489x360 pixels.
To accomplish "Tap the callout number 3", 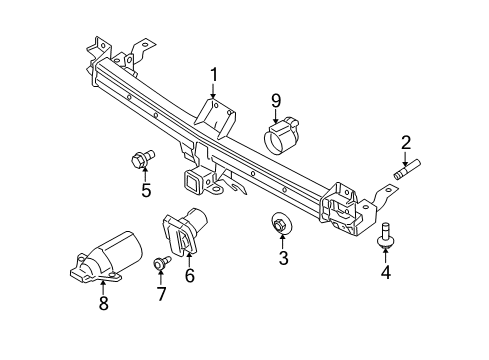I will pyautogui.click(x=283, y=259).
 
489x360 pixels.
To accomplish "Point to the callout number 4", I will pyautogui.click(x=384, y=270).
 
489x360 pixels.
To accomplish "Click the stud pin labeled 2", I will pyautogui.click(x=406, y=170).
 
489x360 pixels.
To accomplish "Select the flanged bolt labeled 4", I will pyautogui.click(x=384, y=235).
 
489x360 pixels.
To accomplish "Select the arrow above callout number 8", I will pyautogui.click(x=104, y=282).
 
